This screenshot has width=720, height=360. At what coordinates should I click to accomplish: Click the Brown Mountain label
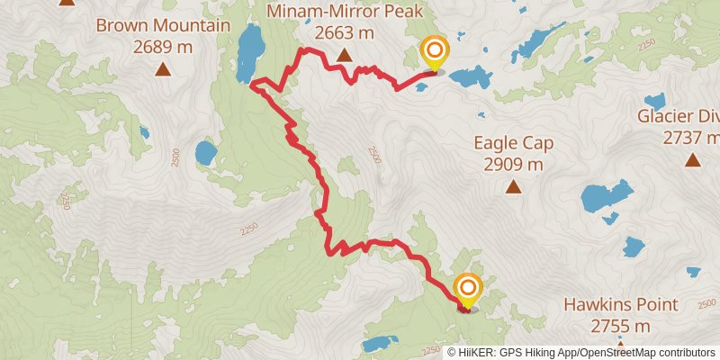coord(163,25)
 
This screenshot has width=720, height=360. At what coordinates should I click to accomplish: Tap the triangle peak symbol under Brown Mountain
coord(163,69)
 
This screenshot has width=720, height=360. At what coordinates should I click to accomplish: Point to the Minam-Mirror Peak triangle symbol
coord(344,56)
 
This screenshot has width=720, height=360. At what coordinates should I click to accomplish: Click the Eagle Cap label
coord(513,143)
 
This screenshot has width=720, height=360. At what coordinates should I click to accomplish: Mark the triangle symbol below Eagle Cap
coord(513,187)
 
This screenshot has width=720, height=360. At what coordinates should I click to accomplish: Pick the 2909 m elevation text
coord(513,165)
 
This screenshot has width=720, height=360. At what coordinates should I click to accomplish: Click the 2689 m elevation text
coord(163,46)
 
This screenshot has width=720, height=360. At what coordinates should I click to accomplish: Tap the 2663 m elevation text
coord(344,33)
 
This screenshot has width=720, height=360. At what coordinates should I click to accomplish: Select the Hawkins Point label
coord(621,305)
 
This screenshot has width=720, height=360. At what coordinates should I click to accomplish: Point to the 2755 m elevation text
coord(621,326)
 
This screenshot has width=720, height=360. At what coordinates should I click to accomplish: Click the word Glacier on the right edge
coord(667,116)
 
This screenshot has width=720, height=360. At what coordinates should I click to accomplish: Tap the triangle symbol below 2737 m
coord(692,160)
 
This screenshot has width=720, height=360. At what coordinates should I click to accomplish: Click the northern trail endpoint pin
coord(435,52)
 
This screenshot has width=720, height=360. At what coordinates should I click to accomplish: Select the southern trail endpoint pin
coord(468,289)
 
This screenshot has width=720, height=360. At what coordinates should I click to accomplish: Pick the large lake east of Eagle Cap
coord(605,199)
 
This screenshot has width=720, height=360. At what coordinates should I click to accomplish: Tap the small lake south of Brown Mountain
coord(206,152)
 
